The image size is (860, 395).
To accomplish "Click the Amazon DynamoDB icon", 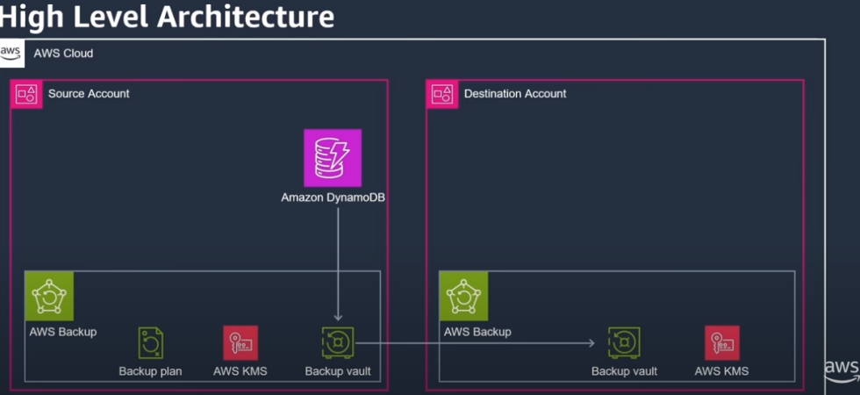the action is (x=333, y=158).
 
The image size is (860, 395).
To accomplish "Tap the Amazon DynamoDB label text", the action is (x=333, y=197).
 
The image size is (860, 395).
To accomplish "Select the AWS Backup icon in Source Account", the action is (x=49, y=297).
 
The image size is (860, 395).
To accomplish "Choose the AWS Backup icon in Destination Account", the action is (x=463, y=297).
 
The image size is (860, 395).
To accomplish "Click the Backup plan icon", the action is (x=150, y=343).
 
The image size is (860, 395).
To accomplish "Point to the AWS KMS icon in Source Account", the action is (x=240, y=343).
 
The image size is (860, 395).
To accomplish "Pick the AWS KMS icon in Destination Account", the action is (x=721, y=343).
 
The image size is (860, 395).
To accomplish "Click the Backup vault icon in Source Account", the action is (x=338, y=343).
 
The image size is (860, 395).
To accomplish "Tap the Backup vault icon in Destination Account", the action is (x=624, y=343).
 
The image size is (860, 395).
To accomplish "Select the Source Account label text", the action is (x=89, y=94).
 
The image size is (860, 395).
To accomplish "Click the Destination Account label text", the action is (x=515, y=94).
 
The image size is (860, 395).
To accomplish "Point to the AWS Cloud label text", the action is (x=63, y=54).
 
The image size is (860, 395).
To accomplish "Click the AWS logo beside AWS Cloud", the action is (x=11, y=54).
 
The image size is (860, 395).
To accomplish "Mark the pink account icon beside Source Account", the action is (x=26, y=95).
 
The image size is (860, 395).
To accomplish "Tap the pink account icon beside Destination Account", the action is (x=442, y=95).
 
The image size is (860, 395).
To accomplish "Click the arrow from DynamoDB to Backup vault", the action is (x=338, y=264).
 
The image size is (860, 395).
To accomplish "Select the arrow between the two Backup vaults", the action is (x=475, y=343).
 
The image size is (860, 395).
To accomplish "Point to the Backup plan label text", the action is (x=150, y=371).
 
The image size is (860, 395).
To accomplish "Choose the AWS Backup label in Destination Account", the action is (x=477, y=332).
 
